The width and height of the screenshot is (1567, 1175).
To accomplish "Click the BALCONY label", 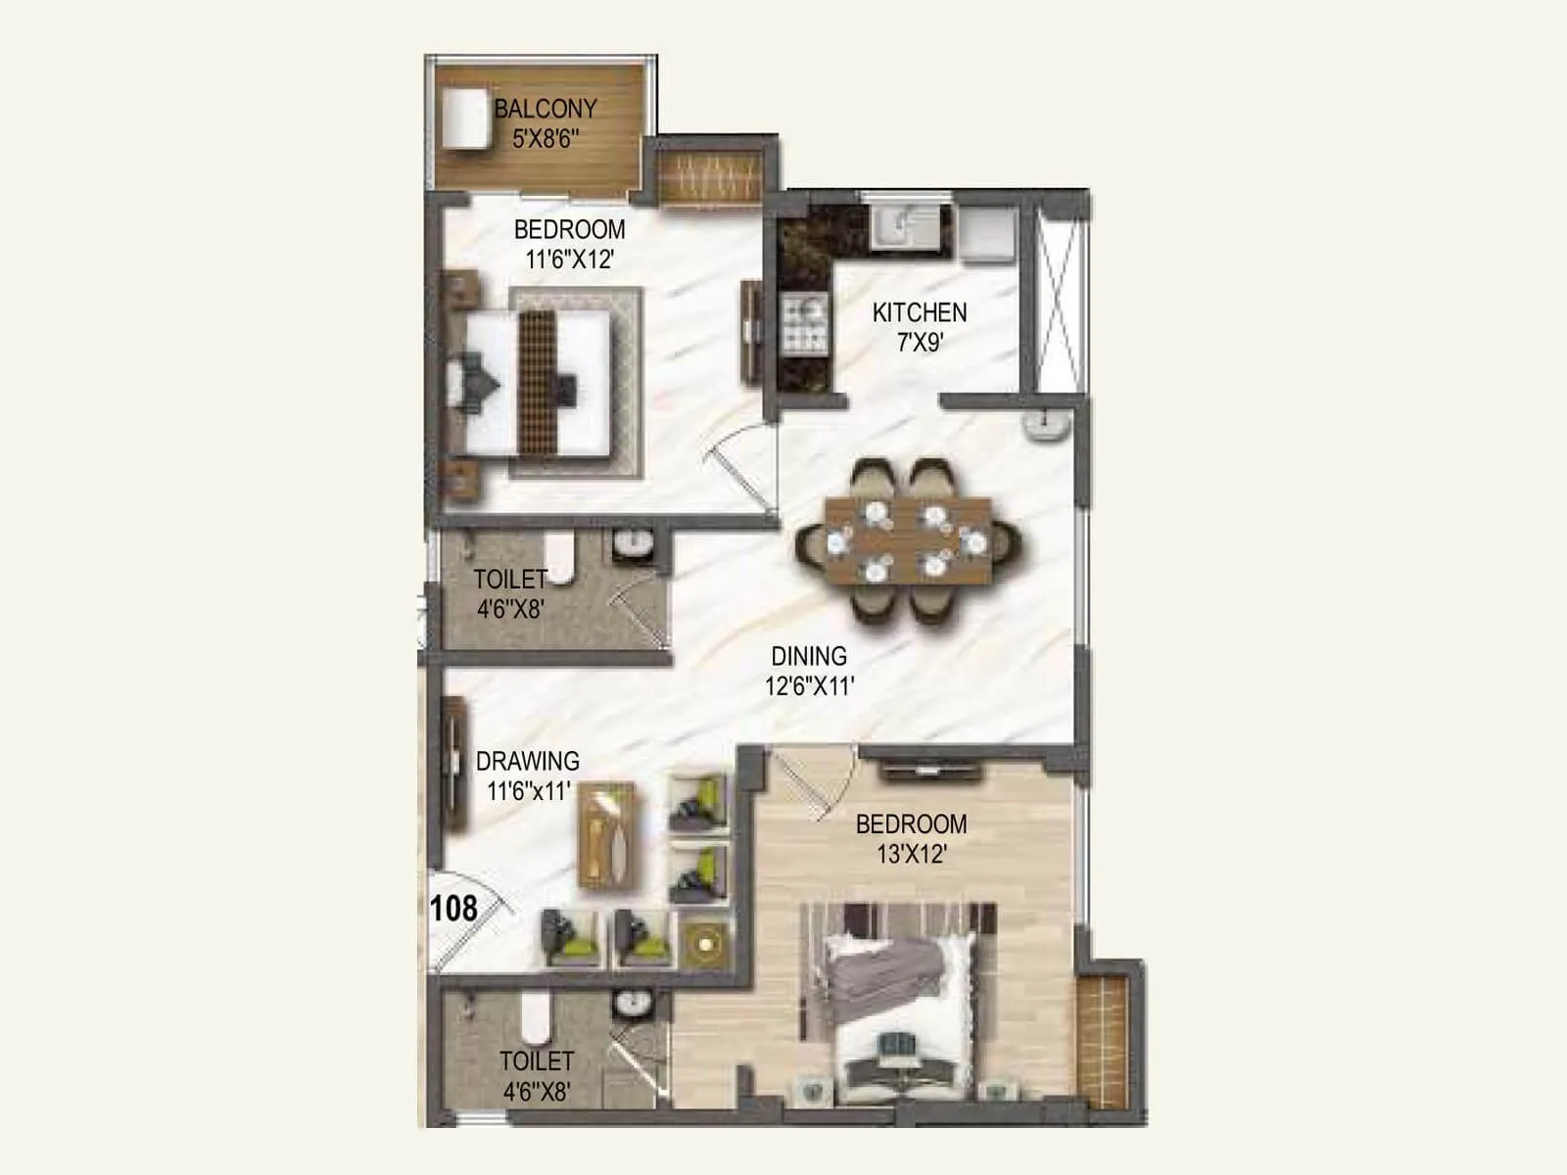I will [546, 109].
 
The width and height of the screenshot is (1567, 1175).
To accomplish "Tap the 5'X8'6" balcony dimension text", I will [546, 138].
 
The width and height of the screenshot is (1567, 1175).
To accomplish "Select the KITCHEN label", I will [920, 312].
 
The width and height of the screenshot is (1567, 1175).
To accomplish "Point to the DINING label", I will [809, 656].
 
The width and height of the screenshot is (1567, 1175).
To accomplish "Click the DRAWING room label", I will [527, 761].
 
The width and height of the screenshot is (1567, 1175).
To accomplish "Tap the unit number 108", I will [453, 909].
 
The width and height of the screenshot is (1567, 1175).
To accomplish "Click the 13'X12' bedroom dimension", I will [911, 854].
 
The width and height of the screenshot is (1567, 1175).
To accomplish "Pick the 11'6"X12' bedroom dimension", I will [569, 259].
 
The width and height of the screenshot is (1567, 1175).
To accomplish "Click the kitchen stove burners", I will [804, 324].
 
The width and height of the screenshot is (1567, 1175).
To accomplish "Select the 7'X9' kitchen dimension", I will [920, 343].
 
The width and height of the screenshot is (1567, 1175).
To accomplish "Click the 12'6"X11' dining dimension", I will [809, 686].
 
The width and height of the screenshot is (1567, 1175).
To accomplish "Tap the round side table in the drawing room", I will [704, 943].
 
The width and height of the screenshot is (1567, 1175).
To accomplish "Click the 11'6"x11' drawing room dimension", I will [528, 791].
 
